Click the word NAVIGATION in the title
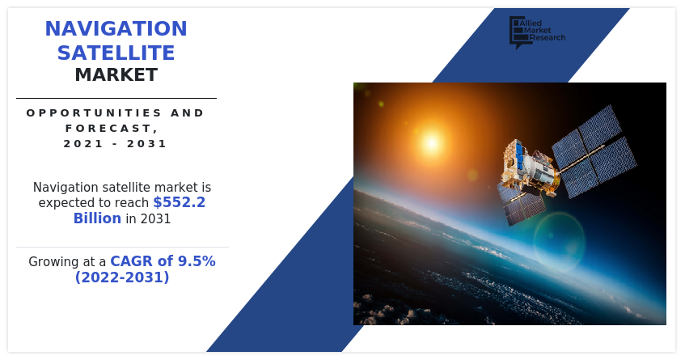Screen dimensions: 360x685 (116, 29)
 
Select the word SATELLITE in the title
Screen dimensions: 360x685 (116, 53)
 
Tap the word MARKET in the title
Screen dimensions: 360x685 (116, 75)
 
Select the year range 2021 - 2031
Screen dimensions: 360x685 (116, 144)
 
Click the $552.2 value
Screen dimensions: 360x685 (179, 203)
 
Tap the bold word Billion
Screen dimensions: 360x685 (97, 218)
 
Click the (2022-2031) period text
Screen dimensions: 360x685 (122, 277)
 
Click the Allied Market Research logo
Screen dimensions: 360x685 (536, 32)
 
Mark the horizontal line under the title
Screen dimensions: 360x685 (116, 98)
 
